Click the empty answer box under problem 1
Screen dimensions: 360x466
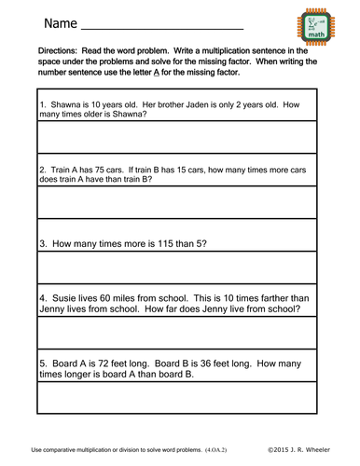tap(178, 136)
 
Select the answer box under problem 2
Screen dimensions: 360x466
tap(178, 202)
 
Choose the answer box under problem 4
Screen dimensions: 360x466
tap(178, 332)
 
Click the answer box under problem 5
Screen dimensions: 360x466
tap(178, 399)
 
